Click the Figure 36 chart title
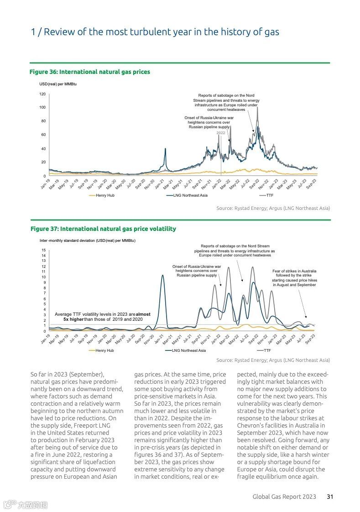pos(90,72)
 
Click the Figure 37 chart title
pos(103,229)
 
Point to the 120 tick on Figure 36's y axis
pos(42,94)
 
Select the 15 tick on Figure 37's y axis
pos(43,250)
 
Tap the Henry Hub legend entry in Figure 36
pos(104,195)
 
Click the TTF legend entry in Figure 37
pos(267,350)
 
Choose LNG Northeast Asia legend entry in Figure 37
pos(188,350)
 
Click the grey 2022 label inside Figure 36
pos(221,133)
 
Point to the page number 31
pos(329,496)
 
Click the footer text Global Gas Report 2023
pos(284,496)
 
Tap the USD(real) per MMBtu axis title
pos(58,84)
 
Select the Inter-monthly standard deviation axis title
pos(87,240)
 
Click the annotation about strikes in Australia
pos(294,278)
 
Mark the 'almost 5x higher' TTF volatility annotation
pos(102,317)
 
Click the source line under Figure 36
pos(273,208)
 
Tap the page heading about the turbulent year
pos(155,32)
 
